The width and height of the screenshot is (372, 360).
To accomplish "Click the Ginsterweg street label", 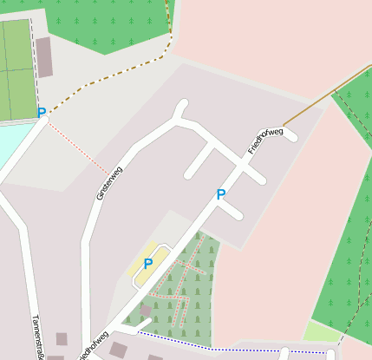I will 109,183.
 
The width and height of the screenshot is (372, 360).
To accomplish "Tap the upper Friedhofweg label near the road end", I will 265,141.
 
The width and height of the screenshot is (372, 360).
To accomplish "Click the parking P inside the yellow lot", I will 148,263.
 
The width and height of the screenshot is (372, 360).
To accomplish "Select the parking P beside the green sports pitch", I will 41,112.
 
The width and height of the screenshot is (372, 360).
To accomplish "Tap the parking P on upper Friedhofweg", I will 221,194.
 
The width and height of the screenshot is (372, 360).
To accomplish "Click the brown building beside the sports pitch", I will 44,57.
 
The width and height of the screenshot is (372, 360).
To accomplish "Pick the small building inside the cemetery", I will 145,310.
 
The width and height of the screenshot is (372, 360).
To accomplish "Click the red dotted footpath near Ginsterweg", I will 78,148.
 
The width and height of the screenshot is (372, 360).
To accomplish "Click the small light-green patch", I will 321,331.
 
